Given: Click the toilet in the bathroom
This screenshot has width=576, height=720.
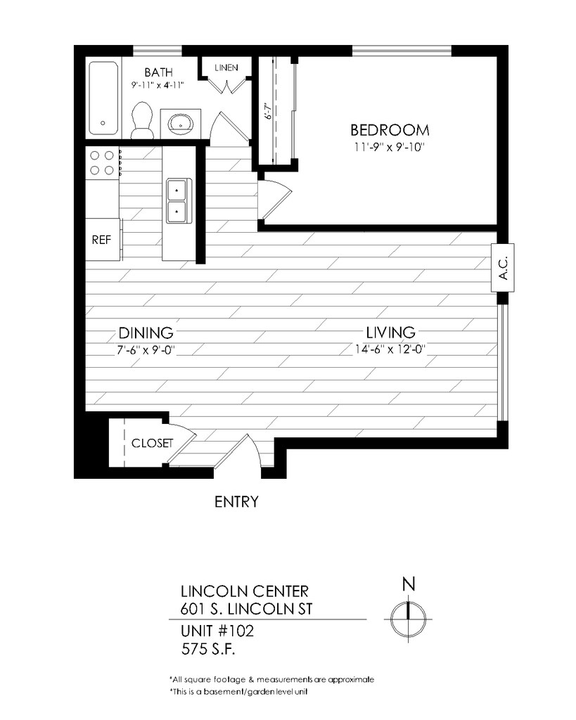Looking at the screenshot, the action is (x=142, y=120).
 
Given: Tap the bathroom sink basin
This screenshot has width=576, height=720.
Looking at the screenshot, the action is (x=180, y=122).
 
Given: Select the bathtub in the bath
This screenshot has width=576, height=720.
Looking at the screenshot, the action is (x=103, y=98).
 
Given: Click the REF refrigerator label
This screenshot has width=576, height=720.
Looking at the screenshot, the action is (x=101, y=240).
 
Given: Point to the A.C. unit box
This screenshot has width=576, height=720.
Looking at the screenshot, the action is (x=503, y=268).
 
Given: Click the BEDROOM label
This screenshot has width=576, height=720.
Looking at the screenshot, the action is (x=390, y=130).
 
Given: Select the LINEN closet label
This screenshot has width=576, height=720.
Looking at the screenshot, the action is (x=226, y=68).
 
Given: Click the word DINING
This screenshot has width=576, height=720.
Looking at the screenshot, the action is (x=146, y=333).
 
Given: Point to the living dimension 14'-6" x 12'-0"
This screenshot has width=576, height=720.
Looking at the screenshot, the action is (x=390, y=349).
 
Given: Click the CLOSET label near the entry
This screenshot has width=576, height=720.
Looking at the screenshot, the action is (x=152, y=443).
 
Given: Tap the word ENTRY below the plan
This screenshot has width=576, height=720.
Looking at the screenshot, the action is (x=236, y=502).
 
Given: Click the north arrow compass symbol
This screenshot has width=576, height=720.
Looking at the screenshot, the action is (x=408, y=619).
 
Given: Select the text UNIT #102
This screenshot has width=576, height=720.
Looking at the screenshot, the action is (x=217, y=631).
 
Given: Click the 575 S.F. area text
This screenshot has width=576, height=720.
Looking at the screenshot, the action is (x=208, y=649).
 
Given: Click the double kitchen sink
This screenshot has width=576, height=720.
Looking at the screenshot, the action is (x=177, y=201).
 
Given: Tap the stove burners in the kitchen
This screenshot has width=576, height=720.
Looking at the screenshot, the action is (x=102, y=162).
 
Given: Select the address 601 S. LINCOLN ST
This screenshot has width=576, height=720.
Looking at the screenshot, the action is (x=247, y=609).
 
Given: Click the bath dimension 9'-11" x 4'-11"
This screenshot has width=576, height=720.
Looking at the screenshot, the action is (x=158, y=85).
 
